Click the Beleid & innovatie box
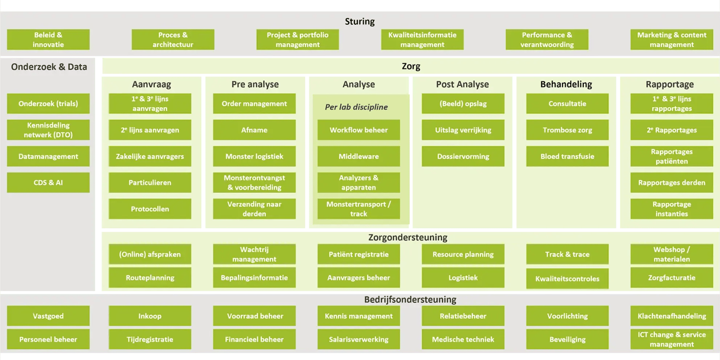48,40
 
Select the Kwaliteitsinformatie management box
422,40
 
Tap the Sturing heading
360,21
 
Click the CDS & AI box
48,183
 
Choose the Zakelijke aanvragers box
150,157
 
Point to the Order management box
254,103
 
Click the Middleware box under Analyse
359,157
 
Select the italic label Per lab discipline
356,107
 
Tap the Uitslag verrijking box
463,130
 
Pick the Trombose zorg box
567,130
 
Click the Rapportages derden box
671,183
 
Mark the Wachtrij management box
254,254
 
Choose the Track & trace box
567,254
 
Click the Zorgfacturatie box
671,278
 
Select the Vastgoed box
48,316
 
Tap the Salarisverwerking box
359,339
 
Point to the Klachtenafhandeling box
671,316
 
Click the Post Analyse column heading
462,84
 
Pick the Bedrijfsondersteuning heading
410,299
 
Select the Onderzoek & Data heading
49,67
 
